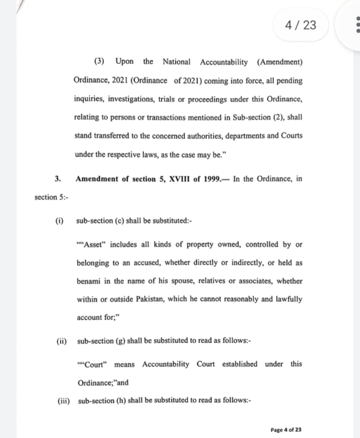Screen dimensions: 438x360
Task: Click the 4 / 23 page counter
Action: pyautogui.click(x=301, y=25)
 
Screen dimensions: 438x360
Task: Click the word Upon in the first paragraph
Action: pyautogui.click(x=124, y=62)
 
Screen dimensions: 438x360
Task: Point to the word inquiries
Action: pyautogui.click(x=89, y=99)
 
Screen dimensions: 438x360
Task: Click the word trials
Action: pyautogui.click(x=174, y=99)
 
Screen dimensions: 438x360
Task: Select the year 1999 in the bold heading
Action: pyautogui.click(x=212, y=179)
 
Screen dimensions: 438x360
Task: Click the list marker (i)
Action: pyautogui.click(x=59, y=221)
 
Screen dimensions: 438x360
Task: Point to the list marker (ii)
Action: pyautogui.click(x=61, y=341)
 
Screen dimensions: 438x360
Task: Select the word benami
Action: pyautogui.click(x=88, y=281)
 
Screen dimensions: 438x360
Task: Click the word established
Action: pyautogui.click(x=238, y=364)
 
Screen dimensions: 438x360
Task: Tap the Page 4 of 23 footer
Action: pyautogui.click(x=286, y=430)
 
